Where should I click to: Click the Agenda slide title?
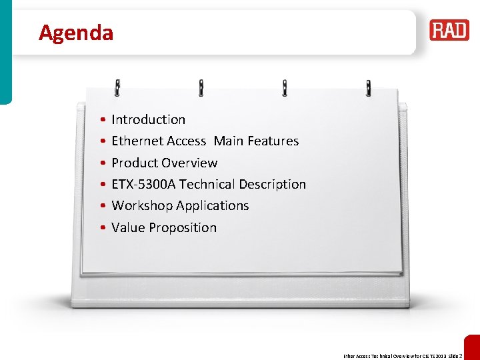(76, 33)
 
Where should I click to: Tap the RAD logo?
(449, 30)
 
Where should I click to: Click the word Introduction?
(148, 120)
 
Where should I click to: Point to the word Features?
(273, 141)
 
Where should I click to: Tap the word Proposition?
(183, 228)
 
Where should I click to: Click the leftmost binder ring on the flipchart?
(117, 87)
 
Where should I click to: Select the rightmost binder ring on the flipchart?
(368, 87)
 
